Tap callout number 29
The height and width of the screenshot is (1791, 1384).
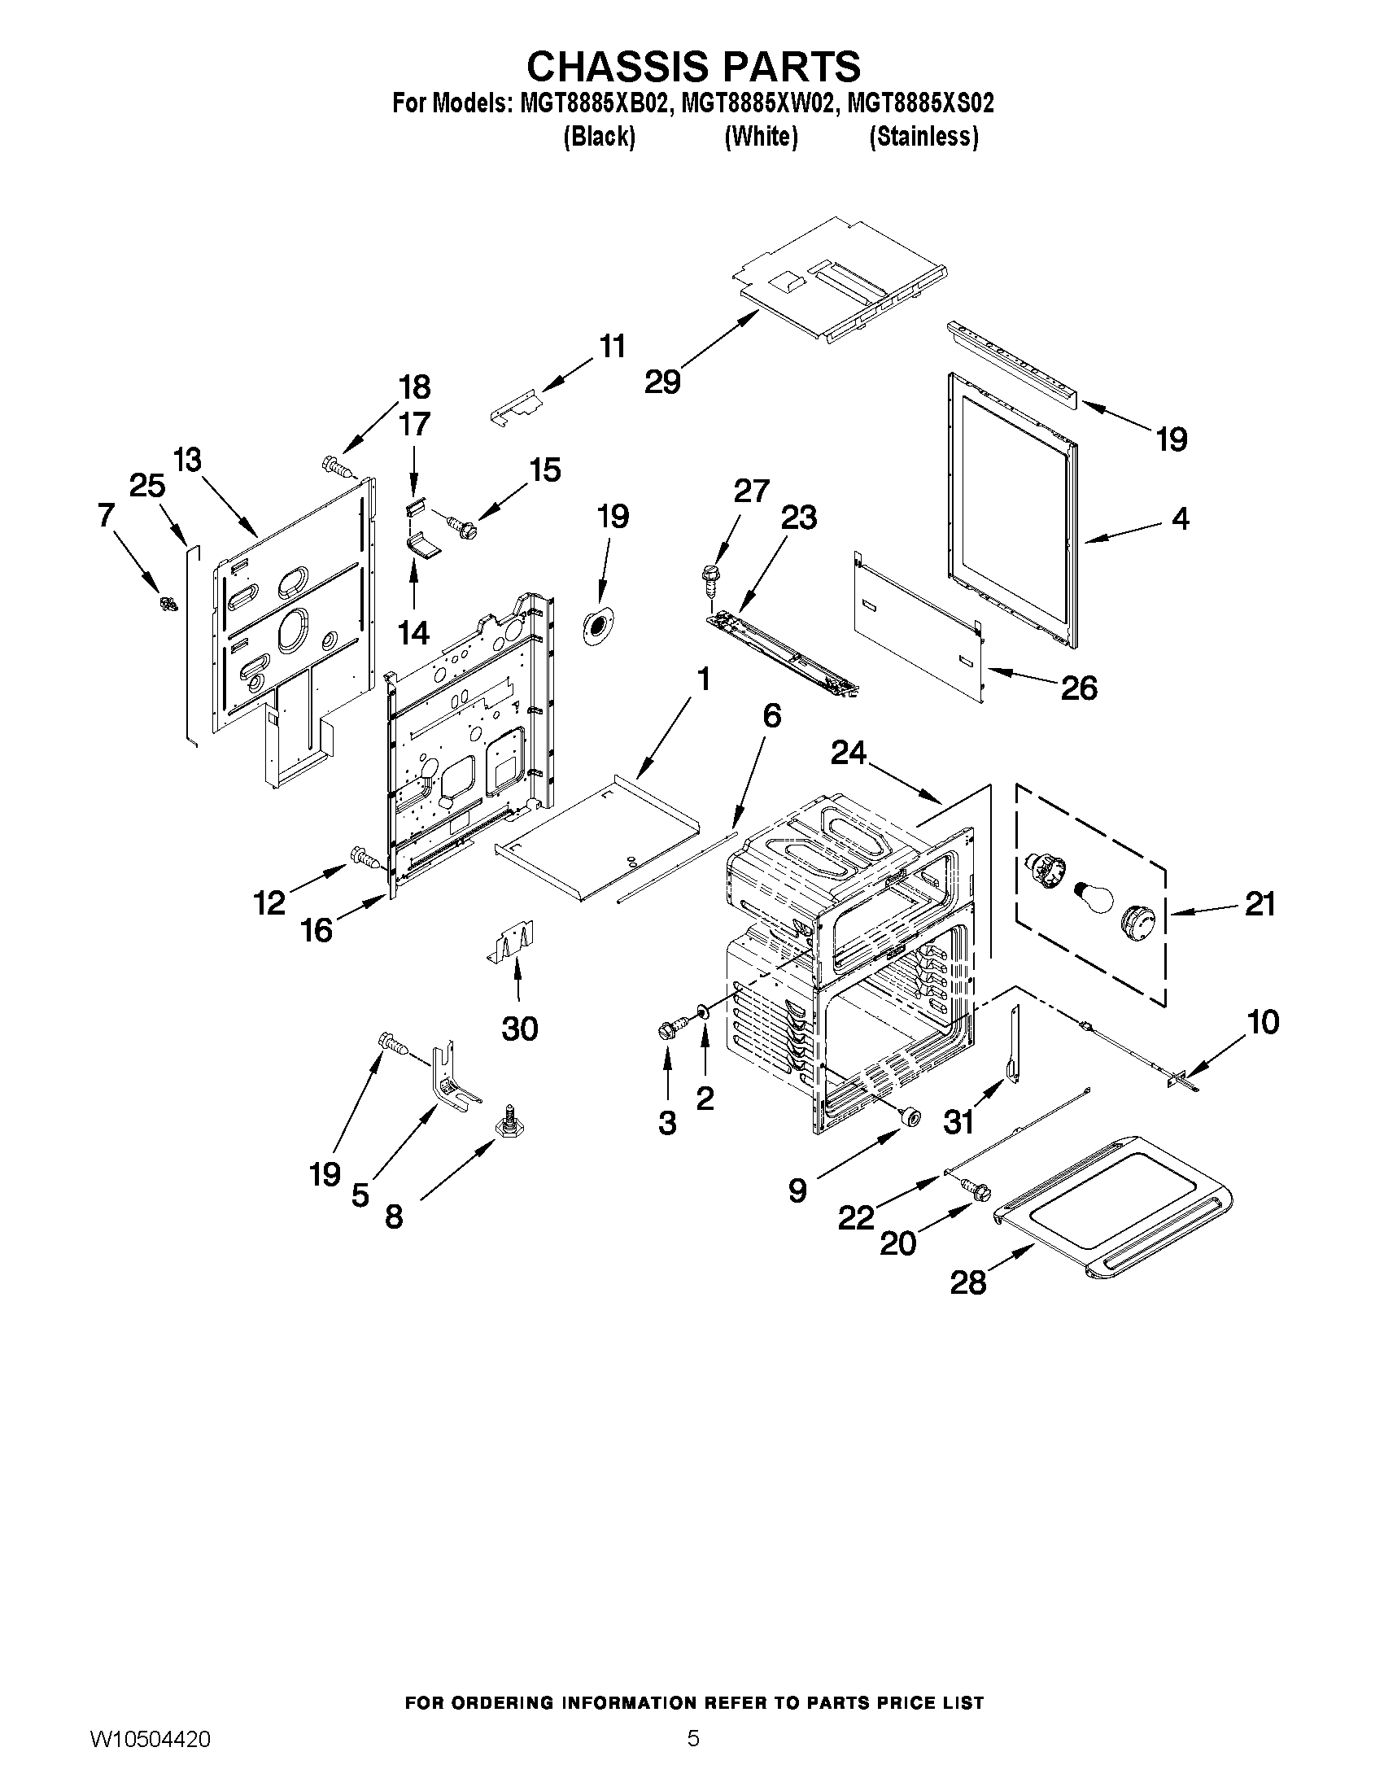662,382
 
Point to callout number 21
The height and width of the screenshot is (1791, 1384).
1260,904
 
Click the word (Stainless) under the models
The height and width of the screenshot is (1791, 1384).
923,136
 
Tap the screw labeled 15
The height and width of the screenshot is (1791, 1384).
461,525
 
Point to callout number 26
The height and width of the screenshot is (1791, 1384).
1078,688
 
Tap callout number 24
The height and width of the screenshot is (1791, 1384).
849,752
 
